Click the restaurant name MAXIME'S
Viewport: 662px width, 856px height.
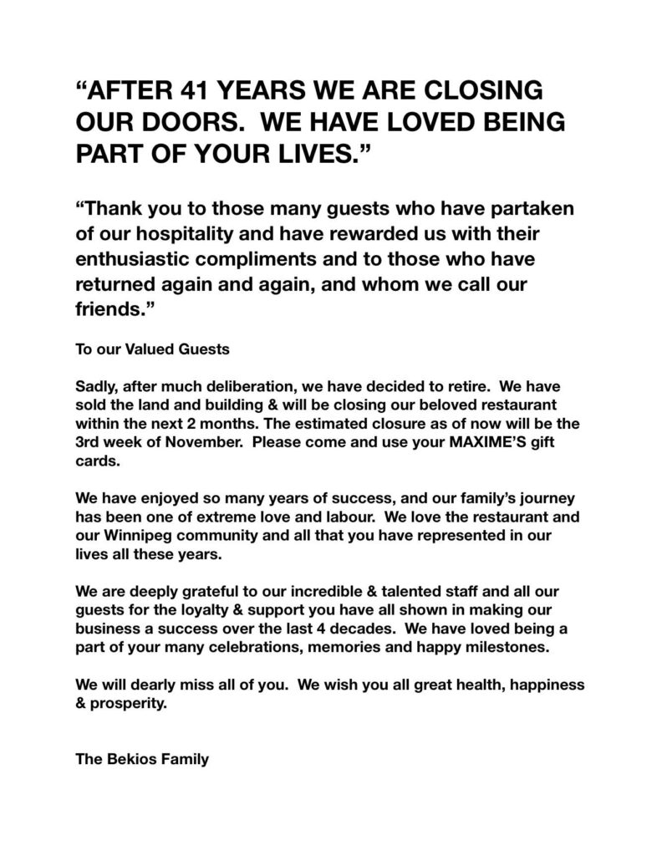pos(446,438)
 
